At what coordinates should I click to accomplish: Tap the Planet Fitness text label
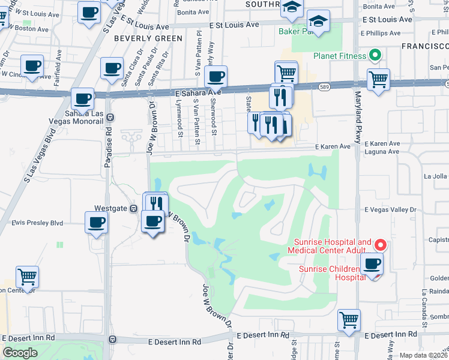[x=339, y=56]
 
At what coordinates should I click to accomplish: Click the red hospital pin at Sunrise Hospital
[x=380, y=245]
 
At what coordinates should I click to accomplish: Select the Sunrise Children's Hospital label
[x=332, y=273]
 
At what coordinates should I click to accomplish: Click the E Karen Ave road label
[x=333, y=146]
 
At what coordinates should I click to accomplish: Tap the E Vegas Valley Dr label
[x=390, y=209]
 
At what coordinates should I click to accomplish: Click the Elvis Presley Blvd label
[x=37, y=223]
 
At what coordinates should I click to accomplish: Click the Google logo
[x=20, y=353]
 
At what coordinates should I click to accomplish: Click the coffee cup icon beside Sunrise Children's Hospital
[x=372, y=264]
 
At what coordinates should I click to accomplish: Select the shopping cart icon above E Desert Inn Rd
[x=349, y=320]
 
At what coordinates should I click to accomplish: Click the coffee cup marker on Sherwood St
[x=216, y=76]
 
